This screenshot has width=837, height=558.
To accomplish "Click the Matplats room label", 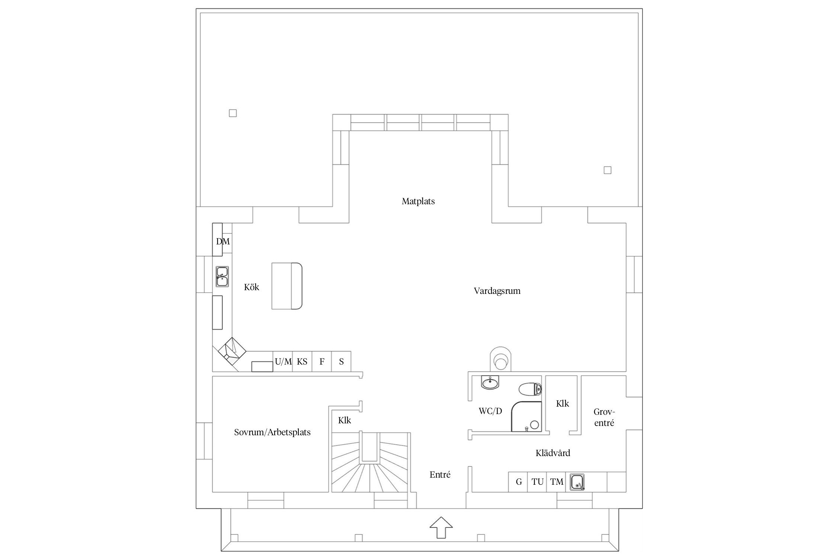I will (418, 201).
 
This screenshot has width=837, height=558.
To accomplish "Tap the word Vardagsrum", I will (497, 291).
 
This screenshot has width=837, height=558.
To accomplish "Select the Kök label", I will (251, 287).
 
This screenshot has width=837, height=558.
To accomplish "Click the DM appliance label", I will (223, 241).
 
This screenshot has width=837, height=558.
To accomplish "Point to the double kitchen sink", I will (222, 276).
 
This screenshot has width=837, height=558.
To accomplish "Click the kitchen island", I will (286, 286).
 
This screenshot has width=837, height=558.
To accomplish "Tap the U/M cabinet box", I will (283, 362).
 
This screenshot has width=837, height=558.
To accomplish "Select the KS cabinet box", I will (302, 362).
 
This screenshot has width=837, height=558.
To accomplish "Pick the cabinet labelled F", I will (322, 362).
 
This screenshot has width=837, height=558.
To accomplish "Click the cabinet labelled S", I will (341, 362).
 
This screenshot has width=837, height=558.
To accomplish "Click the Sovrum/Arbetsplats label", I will (272, 432).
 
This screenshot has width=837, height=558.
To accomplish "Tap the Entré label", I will (440, 475).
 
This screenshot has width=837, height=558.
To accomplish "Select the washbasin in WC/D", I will (491, 382).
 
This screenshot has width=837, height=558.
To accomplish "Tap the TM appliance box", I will (557, 482).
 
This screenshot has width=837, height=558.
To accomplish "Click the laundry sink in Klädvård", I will (577, 482).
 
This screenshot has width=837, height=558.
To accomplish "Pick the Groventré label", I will (604, 417).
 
